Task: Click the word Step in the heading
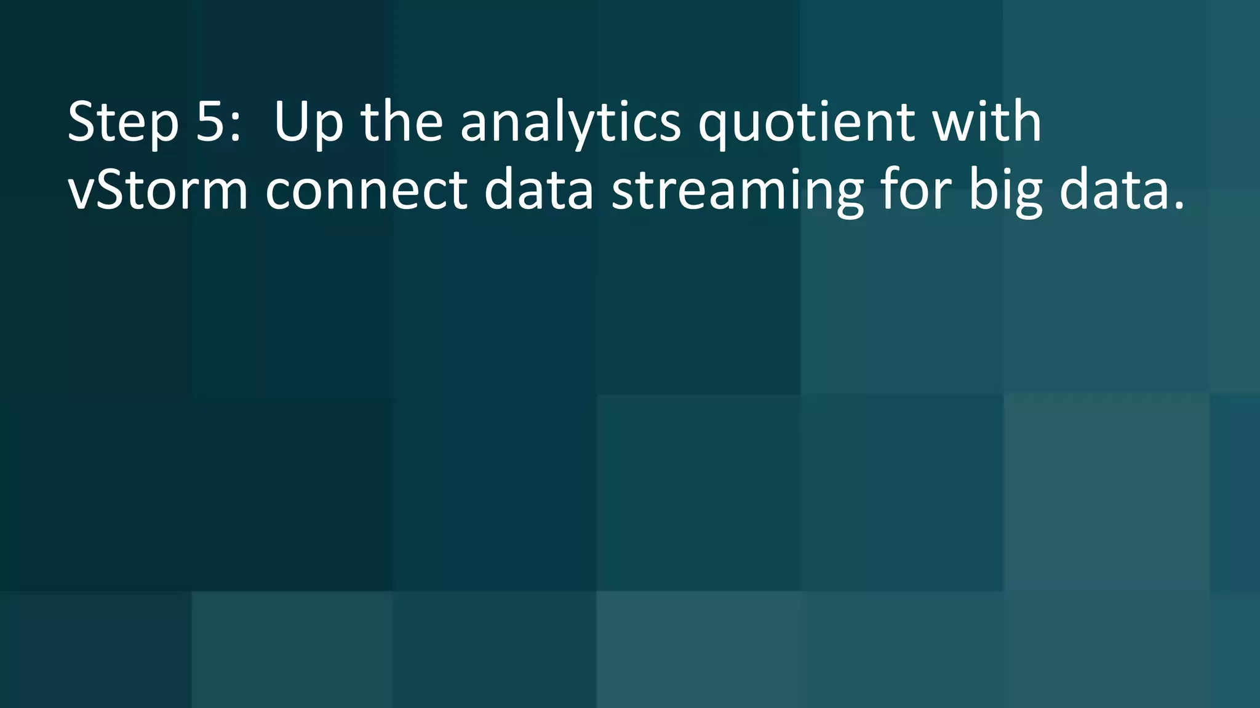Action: (123, 123)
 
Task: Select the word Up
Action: (308, 123)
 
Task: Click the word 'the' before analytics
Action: (401, 122)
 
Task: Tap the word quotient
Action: (806, 123)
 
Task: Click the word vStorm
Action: (157, 191)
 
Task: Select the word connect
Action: (367, 191)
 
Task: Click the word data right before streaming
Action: (539, 191)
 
